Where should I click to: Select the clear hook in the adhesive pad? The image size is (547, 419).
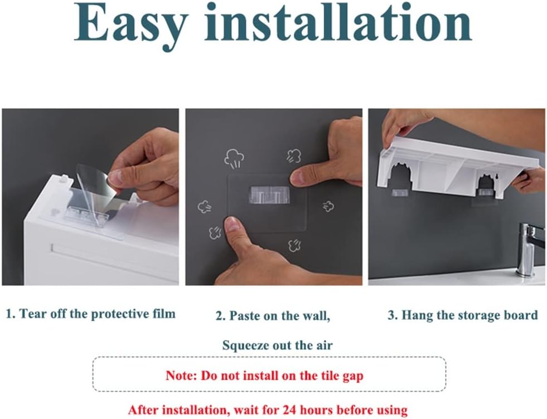(269, 194)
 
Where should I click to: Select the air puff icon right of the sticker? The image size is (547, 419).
(328, 206)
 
